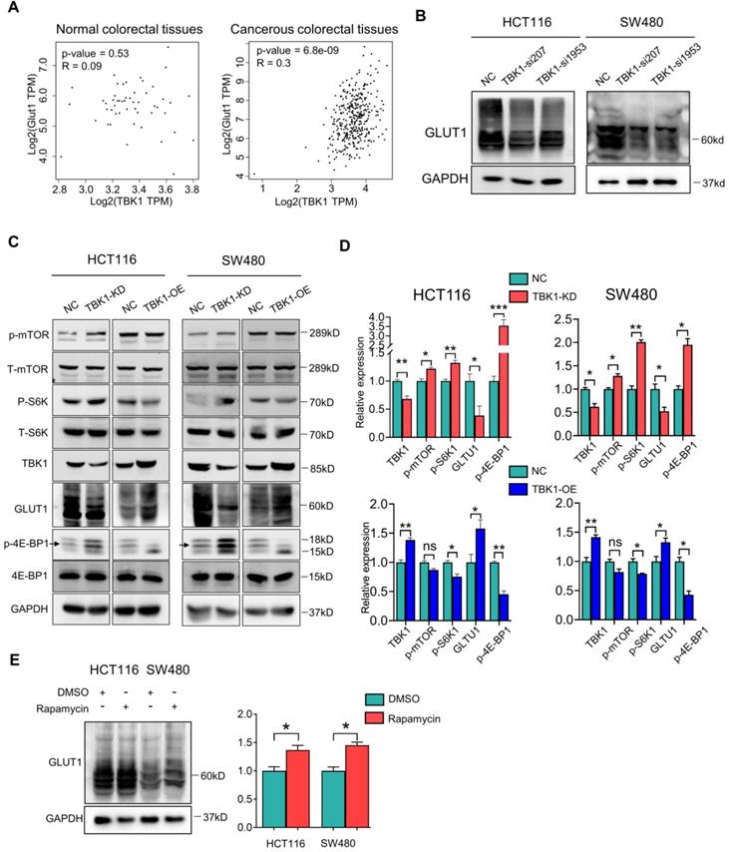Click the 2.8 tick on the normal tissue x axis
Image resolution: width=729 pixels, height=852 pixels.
point(34,187)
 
